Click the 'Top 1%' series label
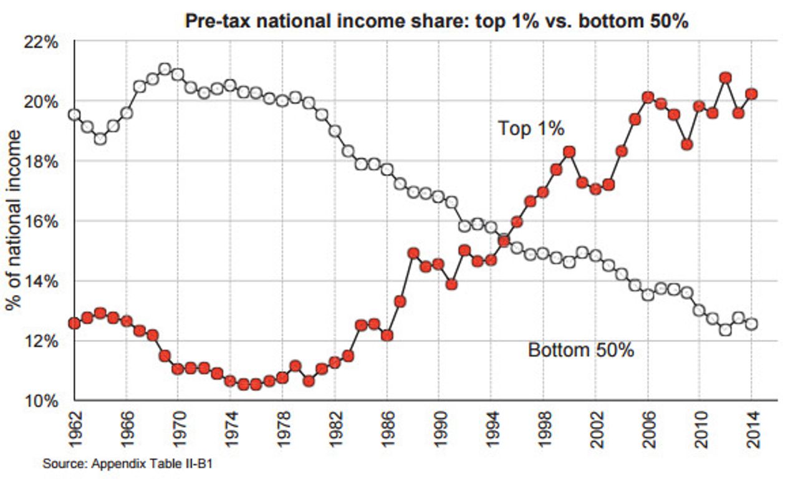point(531,129)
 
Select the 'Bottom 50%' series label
point(580,350)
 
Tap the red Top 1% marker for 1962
point(75,323)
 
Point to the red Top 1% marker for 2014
point(751,94)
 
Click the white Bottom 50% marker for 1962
point(75,115)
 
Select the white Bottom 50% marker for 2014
point(751,324)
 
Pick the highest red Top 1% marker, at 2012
point(725,78)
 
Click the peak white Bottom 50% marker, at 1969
point(165,69)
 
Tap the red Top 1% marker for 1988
point(413,253)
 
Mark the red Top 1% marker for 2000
point(569,152)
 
